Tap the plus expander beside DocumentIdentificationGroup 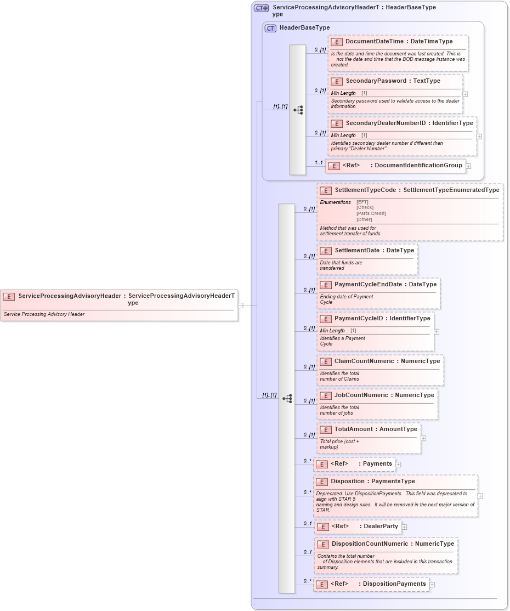point(468,166)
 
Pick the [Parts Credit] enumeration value point(371,213)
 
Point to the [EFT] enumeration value point(362,202)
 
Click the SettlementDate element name point(358,251)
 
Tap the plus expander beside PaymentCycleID point(437,332)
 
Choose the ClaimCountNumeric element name point(364,361)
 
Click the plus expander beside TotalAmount point(423,438)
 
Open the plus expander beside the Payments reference point(399,465)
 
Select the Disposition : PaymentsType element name point(348,482)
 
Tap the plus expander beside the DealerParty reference point(404,527)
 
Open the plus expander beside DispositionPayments point(432,585)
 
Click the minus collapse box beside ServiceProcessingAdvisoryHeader point(240,305)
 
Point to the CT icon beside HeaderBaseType point(270,28)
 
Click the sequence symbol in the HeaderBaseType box point(298,110)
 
